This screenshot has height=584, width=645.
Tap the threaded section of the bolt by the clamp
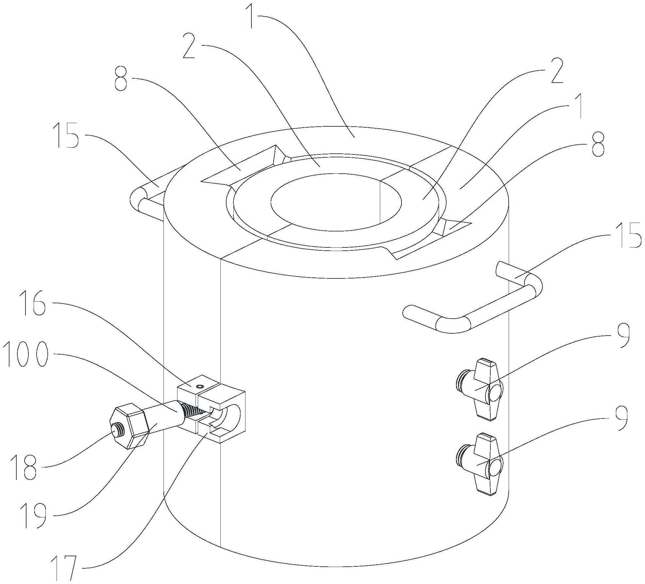(193, 411)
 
